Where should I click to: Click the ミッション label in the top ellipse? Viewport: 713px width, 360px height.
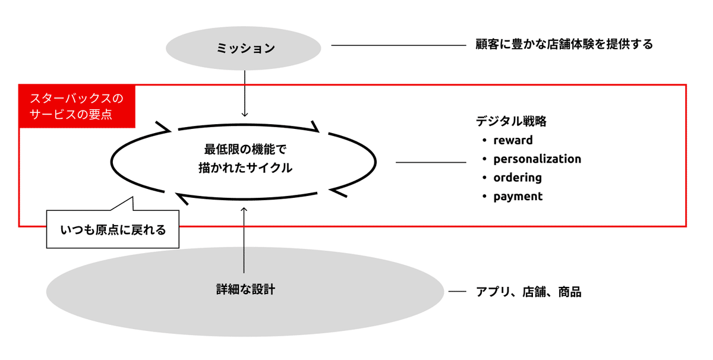[x=245, y=48]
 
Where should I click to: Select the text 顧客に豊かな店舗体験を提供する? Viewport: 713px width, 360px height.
[x=564, y=44]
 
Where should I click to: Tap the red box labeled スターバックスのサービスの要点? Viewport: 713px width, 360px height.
[x=77, y=106]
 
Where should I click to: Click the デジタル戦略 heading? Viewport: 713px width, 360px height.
[x=511, y=121]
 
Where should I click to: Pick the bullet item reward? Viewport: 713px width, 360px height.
[x=513, y=140]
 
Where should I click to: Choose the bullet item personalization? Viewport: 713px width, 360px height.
[x=537, y=159]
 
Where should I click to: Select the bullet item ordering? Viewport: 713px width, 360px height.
[x=518, y=178]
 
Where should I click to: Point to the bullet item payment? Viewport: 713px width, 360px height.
[x=518, y=197]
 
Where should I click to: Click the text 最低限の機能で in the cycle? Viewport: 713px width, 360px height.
[x=245, y=149]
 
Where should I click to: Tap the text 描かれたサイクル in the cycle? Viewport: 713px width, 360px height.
[x=245, y=168]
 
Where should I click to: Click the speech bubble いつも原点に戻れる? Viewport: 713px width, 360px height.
[x=113, y=229]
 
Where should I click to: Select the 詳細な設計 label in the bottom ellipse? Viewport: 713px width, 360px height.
[x=245, y=289]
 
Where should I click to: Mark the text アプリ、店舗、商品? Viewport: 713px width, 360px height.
[x=528, y=292]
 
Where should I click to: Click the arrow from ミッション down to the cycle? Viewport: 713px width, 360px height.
[x=244, y=94]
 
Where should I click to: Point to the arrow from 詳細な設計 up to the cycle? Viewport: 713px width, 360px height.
[x=244, y=240]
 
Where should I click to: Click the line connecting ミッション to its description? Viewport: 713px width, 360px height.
[x=399, y=45]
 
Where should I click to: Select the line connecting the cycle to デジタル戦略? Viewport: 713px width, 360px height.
[x=431, y=162]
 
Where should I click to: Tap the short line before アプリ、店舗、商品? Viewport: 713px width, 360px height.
[x=458, y=291]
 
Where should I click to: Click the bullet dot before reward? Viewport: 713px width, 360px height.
[x=484, y=140]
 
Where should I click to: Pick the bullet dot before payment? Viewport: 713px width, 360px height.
[x=484, y=196]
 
